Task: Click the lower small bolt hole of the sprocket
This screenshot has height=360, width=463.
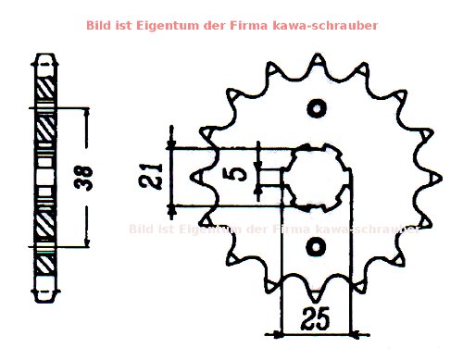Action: coord(318,247)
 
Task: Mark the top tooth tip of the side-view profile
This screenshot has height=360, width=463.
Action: coord(41,57)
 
